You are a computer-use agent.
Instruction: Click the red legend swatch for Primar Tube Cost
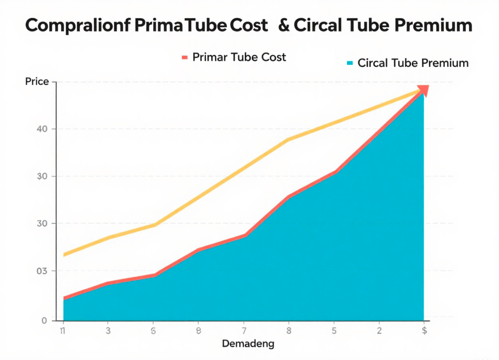[184, 57]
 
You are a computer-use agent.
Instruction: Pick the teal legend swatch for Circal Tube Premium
[350, 63]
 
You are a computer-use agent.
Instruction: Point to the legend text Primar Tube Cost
[239, 57]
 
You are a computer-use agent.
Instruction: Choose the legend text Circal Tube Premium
[413, 63]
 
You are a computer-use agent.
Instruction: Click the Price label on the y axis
[37, 82]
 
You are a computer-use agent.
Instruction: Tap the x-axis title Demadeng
[248, 344]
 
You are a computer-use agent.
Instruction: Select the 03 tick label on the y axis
[43, 271]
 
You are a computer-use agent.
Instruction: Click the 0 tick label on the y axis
[44, 320]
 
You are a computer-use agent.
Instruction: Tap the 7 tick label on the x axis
[244, 331]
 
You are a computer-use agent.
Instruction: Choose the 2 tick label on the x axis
[380, 331]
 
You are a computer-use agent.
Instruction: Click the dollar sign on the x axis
[424, 331]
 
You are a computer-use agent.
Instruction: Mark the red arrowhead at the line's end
[423, 90]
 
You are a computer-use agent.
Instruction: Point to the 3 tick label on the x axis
[108, 331]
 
